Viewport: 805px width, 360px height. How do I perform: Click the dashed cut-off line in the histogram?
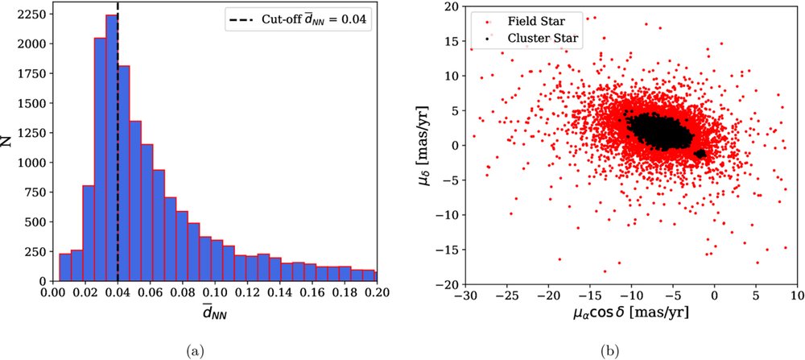pyautogui.click(x=118, y=161)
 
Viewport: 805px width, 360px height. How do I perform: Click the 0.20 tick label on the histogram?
pyautogui.click(x=375, y=296)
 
